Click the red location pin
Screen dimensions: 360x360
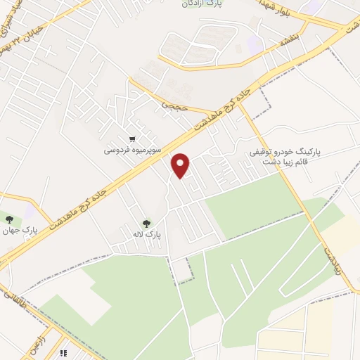181,165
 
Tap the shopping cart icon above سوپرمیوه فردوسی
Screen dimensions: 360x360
131,139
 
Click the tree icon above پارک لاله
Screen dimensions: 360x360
146,224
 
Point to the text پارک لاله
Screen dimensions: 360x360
150,235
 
